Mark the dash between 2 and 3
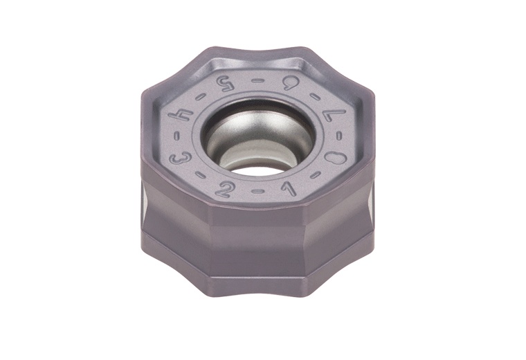[197, 179]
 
